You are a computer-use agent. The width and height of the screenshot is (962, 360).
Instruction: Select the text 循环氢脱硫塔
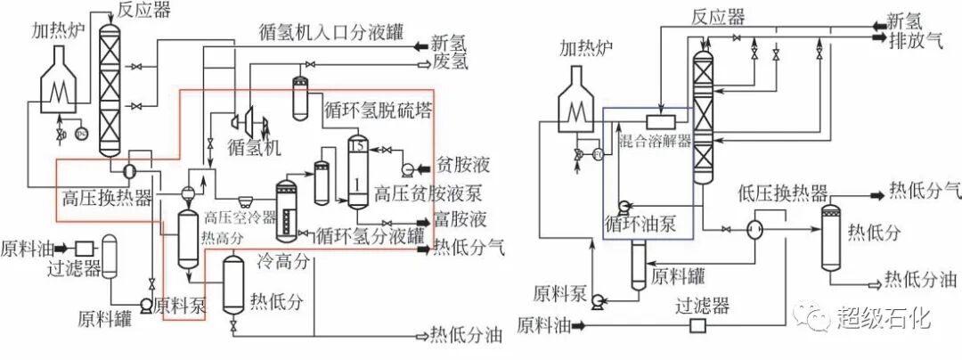374,113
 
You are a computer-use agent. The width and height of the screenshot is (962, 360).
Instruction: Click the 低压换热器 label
784,194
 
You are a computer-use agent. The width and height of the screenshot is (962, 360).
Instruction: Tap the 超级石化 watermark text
884,315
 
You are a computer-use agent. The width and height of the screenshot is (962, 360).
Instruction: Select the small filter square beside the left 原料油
86,248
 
